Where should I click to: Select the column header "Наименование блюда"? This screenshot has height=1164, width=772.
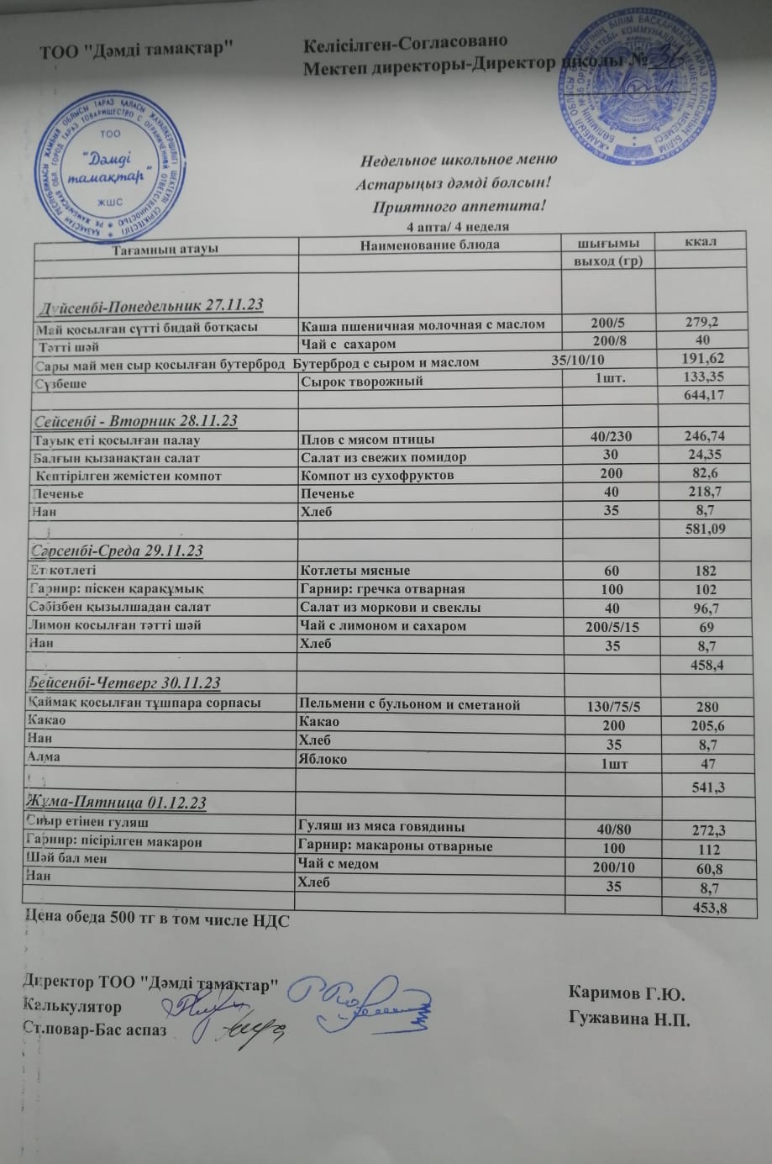coord(429,245)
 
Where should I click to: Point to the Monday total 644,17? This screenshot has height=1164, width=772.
coord(704,395)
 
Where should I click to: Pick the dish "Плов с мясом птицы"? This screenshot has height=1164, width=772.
coord(368,439)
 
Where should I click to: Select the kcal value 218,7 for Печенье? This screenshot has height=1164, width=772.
coord(704,493)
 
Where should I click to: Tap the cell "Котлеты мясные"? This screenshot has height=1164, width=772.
coord(355,571)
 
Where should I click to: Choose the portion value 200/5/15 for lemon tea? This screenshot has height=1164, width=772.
coord(612,626)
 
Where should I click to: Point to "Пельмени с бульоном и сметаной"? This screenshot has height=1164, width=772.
coord(410,704)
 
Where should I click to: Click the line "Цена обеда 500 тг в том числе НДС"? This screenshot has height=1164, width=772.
coord(156,919)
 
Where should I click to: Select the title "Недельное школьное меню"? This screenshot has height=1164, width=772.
coord(459,161)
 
